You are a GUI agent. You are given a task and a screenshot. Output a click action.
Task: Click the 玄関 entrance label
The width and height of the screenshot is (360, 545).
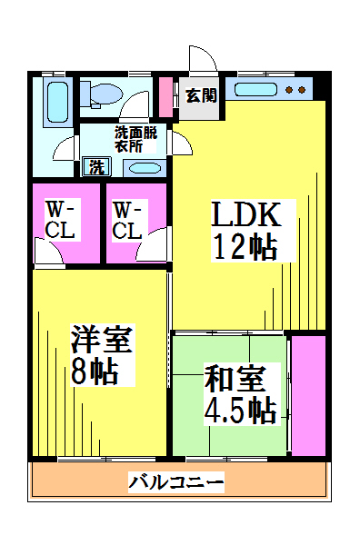[x=201, y=95]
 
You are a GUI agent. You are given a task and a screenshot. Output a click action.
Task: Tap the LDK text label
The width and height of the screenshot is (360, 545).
[x=246, y=214]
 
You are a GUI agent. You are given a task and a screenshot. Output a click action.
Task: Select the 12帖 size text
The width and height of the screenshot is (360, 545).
[x=245, y=247]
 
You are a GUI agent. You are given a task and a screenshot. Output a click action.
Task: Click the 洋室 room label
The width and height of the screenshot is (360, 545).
[x=102, y=339]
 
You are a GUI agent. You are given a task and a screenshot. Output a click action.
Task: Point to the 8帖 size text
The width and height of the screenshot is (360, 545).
[x=95, y=372]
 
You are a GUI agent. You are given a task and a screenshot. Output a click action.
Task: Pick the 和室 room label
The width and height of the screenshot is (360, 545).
[x=235, y=379]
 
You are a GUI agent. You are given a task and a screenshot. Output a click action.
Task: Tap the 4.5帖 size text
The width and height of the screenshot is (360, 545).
[x=240, y=411]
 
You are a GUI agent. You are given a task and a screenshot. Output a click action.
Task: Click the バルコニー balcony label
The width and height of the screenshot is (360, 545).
[x=176, y=482]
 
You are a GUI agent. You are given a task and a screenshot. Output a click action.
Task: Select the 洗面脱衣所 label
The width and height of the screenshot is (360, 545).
[x=136, y=139]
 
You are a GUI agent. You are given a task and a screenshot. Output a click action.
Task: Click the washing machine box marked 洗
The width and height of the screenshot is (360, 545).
[x=96, y=167]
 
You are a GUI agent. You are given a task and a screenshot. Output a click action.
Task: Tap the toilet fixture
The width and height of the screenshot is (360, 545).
[x=102, y=94]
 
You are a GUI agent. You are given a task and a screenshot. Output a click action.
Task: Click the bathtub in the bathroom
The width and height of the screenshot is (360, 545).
[x=58, y=102]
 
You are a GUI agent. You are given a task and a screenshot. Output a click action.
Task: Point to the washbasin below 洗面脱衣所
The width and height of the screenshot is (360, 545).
[x=145, y=169]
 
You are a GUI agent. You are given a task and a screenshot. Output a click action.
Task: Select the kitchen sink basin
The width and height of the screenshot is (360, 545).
[x=255, y=90]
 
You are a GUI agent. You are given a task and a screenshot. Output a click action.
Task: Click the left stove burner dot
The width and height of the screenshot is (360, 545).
[x=289, y=90]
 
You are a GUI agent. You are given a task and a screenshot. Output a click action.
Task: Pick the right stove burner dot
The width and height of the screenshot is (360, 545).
[x=302, y=90]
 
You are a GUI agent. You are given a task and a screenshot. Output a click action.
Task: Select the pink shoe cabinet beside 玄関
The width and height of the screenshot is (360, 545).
[x=166, y=97]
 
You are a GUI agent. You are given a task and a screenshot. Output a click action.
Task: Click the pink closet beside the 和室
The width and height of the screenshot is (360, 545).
[x=308, y=395]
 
